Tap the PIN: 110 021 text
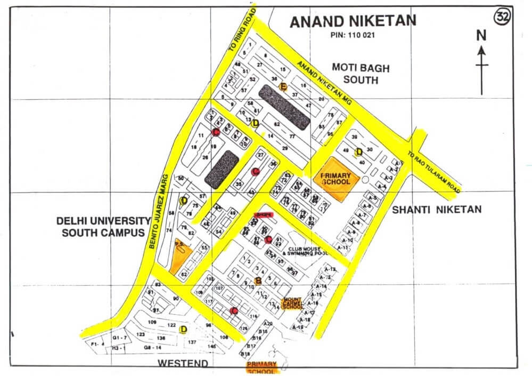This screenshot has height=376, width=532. (353, 36)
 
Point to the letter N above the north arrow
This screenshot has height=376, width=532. (481, 36)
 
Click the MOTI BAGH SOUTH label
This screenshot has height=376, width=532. (361, 74)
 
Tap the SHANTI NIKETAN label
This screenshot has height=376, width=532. (437, 210)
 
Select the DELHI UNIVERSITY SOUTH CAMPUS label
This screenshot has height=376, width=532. (104, 227)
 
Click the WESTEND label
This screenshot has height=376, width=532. (183, 363)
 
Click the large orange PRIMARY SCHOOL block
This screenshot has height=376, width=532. (335, 178)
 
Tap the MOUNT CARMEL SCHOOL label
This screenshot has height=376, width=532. (293, 303)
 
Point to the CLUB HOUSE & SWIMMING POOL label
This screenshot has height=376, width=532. (311, 251)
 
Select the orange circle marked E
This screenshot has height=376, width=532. (283, 87)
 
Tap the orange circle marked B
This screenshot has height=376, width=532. (258, 281)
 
